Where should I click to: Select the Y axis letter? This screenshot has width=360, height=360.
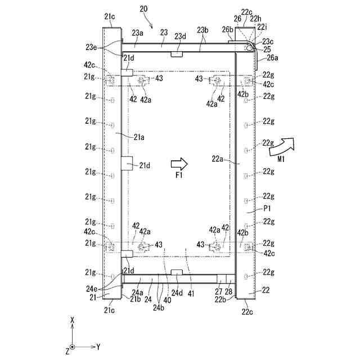[x=98, y=347]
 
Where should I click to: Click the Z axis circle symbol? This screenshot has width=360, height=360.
[x=73, y=347]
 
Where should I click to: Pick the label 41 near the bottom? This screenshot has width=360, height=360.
[x=191, y=292]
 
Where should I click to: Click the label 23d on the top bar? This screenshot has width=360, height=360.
[x=180, y=37]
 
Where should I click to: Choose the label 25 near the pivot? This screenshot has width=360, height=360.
[x=259, y=49]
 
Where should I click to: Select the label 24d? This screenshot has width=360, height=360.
[x=177, y=292]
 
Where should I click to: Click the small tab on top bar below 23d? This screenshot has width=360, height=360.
[x=177, y=54]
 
